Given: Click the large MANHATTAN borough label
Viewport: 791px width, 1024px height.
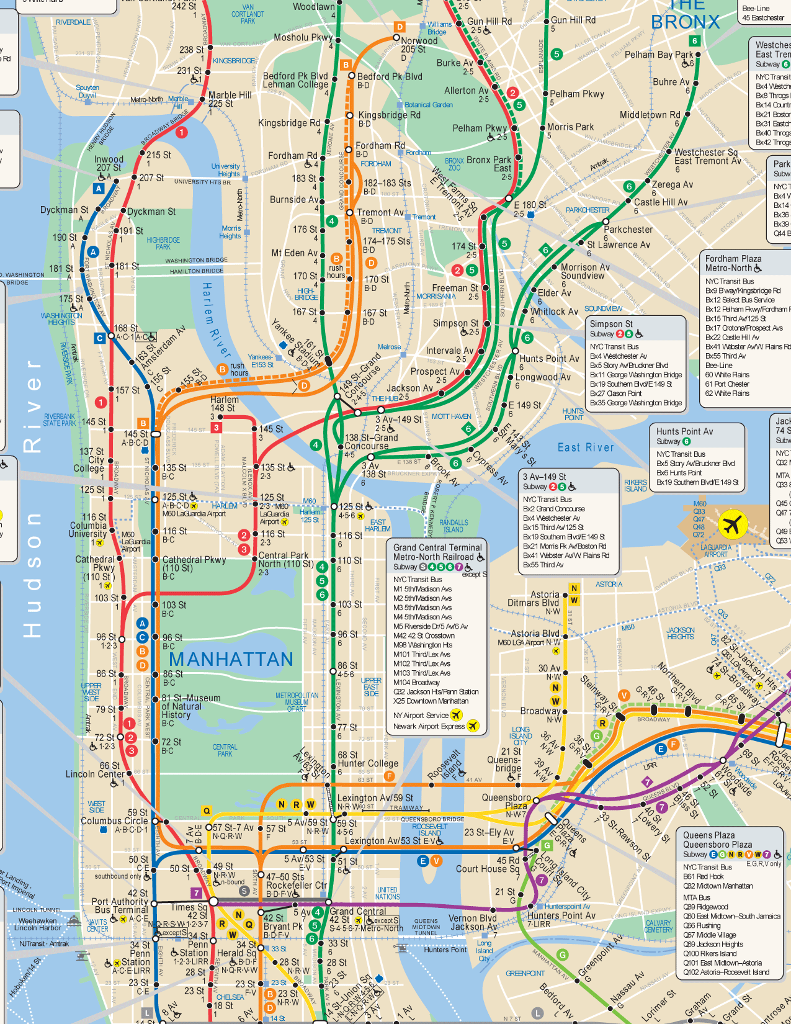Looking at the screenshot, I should click(231, 659).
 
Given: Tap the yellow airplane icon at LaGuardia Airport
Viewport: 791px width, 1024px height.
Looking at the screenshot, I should click(733, 524).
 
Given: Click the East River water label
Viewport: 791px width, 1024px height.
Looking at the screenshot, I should click(586, 447).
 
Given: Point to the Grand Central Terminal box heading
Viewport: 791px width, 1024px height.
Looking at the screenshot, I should click(437, 552).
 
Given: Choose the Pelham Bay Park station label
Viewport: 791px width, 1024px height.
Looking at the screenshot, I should click(659, 55).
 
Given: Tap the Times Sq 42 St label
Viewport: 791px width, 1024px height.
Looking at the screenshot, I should click(189, 911).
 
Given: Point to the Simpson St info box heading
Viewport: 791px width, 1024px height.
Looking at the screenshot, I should click(611, 324).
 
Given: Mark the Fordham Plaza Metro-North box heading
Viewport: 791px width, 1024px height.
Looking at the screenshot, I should click(733, 263).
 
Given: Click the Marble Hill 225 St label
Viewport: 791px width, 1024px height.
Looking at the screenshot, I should click(230, 99).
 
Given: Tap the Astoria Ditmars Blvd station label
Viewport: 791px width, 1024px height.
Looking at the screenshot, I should click(534, 599).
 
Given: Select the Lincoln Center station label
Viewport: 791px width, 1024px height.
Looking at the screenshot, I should click(95, 774).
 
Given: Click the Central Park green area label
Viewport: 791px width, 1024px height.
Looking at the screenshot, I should click(225, 750).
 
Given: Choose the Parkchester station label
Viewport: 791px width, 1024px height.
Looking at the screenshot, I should click(628, 229).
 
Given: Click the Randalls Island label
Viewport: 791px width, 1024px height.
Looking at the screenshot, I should click(454, 526).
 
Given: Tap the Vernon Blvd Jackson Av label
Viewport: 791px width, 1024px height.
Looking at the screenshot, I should click(473, 922).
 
